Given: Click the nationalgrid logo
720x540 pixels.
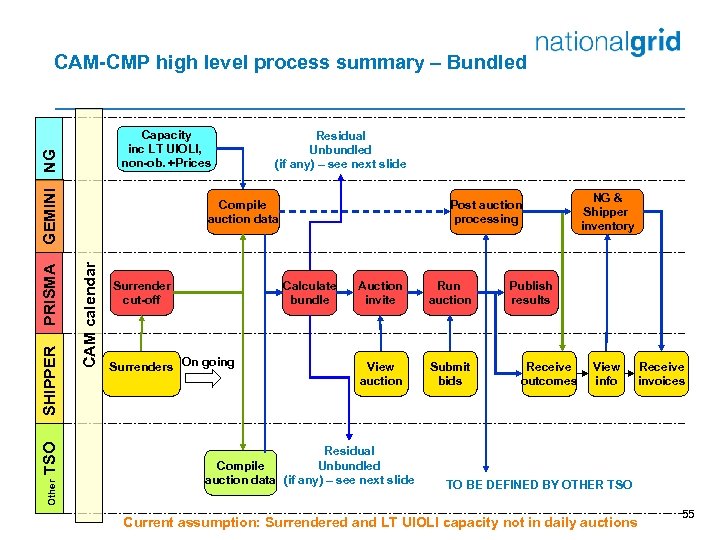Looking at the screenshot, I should (607, 43).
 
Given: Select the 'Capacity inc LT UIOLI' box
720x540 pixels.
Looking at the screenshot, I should (166, 149).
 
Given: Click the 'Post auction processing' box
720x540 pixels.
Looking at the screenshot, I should (486, 212).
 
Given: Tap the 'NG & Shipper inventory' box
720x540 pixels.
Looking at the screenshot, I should (606, 212).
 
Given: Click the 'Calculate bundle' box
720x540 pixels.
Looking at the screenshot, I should (310, 293).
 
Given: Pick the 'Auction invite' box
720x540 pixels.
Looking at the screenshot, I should (380, 293).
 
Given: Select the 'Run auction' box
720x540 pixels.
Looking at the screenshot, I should (450, 293).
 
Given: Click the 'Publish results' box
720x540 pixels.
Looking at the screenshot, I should (530, 293).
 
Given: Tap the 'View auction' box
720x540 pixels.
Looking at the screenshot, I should (380, 373).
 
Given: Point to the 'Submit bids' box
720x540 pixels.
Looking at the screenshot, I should (450, 373).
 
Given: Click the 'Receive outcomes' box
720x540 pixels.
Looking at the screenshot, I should (549, 373).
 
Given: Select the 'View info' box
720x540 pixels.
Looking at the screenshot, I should (606, 373).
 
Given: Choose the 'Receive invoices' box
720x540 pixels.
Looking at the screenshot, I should (662, 373).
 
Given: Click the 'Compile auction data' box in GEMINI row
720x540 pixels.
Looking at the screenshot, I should (243, 212).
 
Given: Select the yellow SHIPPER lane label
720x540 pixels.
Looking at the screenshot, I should (51, 381).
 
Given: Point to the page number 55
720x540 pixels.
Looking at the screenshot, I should (687, 513).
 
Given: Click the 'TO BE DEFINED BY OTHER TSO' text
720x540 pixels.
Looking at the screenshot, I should (539, 485).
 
